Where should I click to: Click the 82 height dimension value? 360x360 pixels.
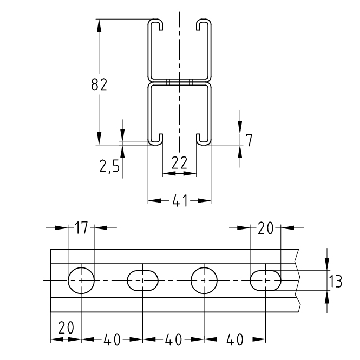click(x=99, y=85)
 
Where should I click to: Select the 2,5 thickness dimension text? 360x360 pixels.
click(x=109, y=165)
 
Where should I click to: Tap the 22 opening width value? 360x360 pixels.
click(x=179, y=163)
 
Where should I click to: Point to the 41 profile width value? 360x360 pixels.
click(x=180, y=201)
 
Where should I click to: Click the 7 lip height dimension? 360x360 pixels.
click(x=249, y=140)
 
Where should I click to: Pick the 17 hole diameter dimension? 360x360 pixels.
click(x=81, y=228)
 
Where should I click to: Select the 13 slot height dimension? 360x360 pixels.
click(x=336, y=281)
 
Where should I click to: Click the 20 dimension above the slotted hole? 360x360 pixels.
click(x=265, y=228)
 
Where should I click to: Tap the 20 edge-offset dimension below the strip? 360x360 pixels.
click(x=66, y=328)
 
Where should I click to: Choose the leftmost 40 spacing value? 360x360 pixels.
click(x=112, y=340)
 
